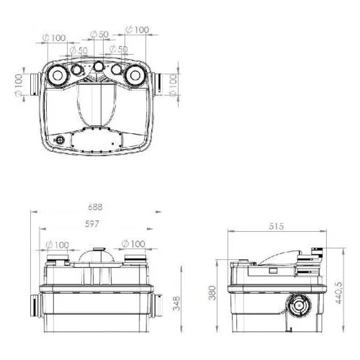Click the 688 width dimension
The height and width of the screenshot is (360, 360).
point(95,207)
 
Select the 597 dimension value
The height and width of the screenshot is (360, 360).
point(92,224)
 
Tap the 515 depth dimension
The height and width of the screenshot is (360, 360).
point(276,226)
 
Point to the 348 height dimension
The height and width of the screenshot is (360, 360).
point(176,303)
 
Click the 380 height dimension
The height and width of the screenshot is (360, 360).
point(212,293)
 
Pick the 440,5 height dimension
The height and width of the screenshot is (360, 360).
point(338,293)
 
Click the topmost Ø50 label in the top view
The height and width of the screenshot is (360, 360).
point(99,35)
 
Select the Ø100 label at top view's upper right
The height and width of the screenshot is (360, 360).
point(138,30)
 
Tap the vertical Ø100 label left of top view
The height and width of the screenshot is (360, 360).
point(19,86)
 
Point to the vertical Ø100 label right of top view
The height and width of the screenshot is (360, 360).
point(173,86)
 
